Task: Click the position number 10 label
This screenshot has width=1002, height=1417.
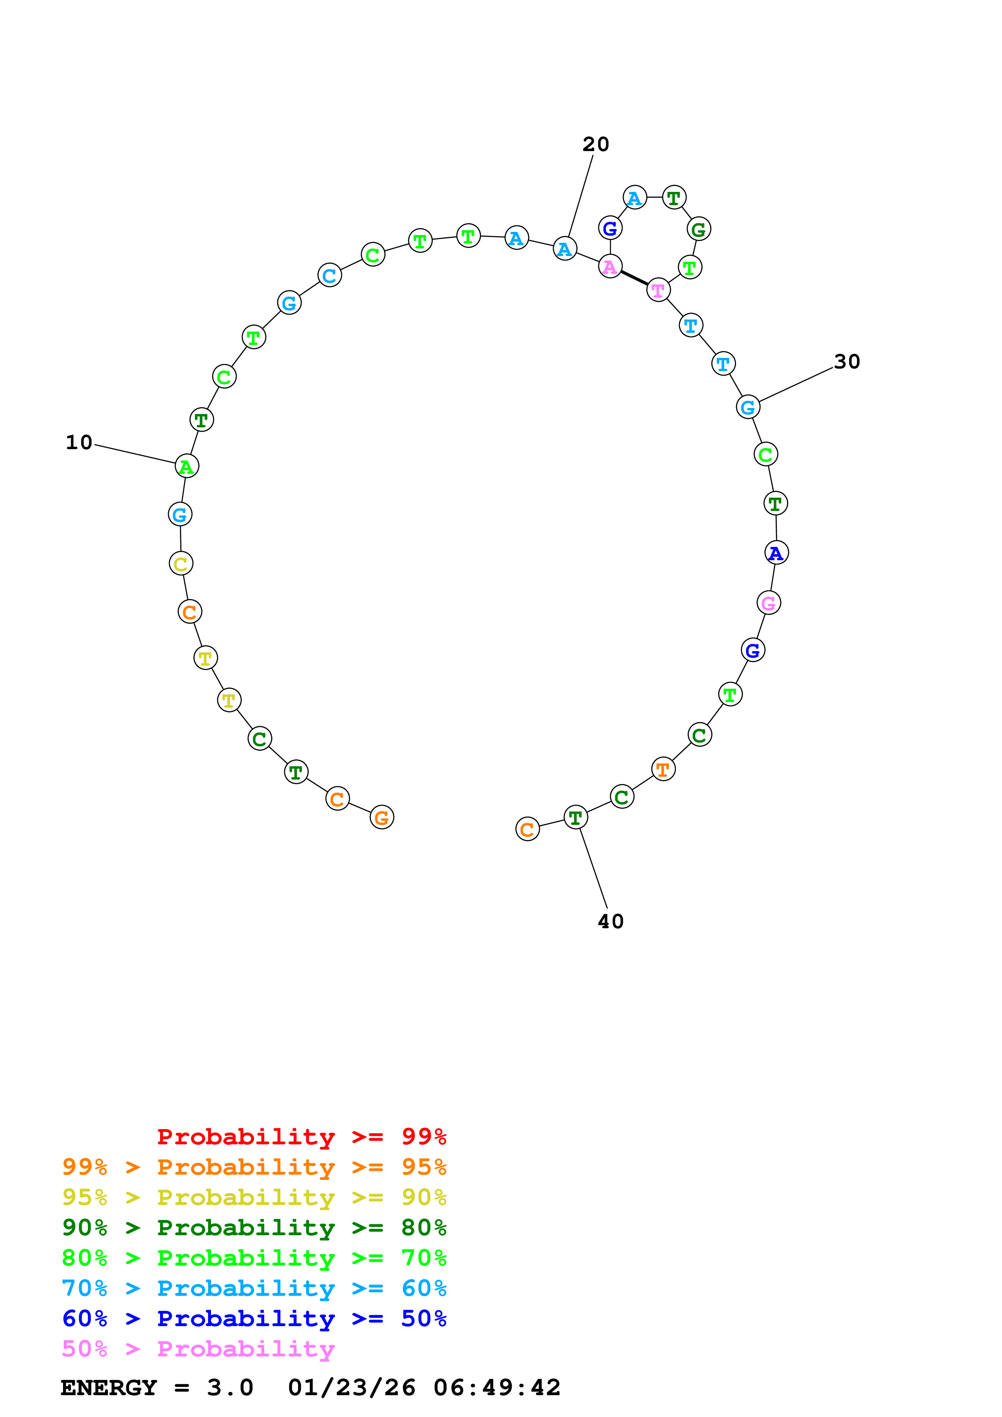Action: [79, 442]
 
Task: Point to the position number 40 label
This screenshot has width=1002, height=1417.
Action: [611, 921]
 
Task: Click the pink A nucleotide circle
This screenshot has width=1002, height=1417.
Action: [610, 267]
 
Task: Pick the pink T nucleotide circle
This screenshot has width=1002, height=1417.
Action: [658, 290]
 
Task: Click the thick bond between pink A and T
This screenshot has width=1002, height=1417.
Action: [634, 278]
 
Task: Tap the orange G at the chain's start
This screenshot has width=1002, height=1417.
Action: [382, 818]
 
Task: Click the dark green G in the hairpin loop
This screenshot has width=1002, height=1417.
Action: [698, 229]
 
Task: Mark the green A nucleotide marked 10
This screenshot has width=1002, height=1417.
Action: [186, 466]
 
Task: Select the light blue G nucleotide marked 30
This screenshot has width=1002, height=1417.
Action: [748, 407]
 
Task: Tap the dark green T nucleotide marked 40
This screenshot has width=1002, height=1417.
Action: [576, 818]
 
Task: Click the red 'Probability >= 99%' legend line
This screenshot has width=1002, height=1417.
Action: [301, 1137]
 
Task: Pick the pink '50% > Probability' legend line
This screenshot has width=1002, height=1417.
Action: [198, 1349]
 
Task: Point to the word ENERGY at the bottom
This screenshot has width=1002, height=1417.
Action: [109, 1388]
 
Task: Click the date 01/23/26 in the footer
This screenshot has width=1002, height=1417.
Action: [351, 1388]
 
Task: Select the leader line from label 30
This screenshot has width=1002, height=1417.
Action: [796, 385]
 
